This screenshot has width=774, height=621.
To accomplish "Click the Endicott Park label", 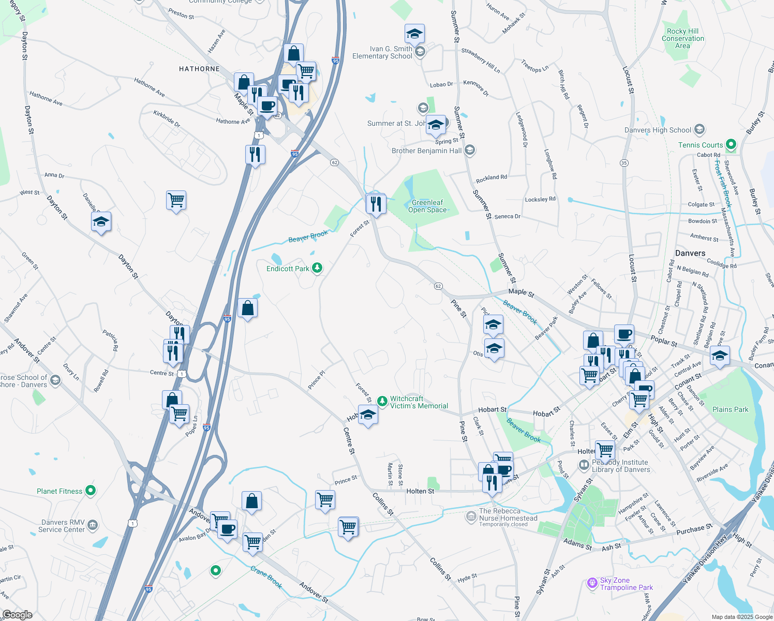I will pos(288,269).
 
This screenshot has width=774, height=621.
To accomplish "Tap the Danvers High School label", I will pos(658,130).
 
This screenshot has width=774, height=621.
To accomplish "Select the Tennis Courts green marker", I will pos(731,144).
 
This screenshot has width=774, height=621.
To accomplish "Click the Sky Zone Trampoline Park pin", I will pos(592,583).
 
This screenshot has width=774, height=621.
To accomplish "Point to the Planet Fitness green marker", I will pos(91,490).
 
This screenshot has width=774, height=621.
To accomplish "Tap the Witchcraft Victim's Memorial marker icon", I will pos(382,401).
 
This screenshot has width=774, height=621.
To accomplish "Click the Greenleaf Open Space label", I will pos(427,206).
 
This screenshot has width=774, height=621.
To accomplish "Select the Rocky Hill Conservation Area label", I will pos(682,38).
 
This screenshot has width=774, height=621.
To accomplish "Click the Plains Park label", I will pos(730,409).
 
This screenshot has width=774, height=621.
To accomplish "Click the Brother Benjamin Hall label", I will pos(426,151).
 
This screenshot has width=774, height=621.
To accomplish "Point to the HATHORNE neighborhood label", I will pos(199,69).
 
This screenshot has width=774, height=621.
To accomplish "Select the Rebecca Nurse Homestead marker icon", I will pos(471,516).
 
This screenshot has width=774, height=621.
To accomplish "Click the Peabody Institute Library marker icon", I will pos(584,465).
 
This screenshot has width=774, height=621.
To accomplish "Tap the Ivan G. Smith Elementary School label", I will pos(382,52).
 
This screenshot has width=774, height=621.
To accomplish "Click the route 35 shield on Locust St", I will pos(624,163).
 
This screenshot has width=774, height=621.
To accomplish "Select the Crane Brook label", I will pos(266,577).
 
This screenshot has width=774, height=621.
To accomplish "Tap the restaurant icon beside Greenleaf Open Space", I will pos(376,204).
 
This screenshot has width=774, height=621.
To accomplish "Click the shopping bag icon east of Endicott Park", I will pos(247,308).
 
